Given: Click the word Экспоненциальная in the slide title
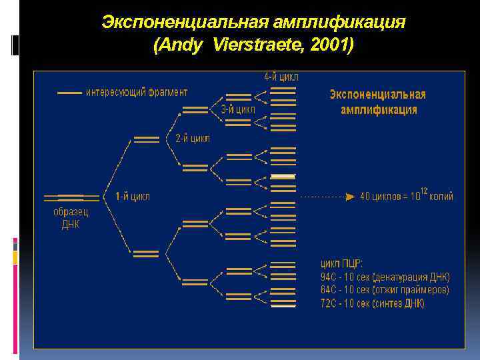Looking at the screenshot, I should (185, 23).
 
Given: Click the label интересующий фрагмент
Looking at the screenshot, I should (137, 92).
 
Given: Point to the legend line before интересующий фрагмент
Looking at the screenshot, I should (70, 93).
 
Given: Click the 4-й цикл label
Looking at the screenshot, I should (281, 77).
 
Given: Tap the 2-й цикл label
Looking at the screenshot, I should (193, 139).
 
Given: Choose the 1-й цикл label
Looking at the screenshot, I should (133, 196).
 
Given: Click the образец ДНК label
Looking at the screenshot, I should (71, 218).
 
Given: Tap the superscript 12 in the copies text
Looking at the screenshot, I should (423, 191).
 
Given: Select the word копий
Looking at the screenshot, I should (441, 197).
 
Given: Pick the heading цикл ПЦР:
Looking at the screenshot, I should (343, 263).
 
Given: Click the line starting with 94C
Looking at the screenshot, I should (385, 277).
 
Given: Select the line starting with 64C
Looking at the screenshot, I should (385, 290).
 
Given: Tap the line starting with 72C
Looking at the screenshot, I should (373, 303).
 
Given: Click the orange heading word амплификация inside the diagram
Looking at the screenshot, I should (379, 110).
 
